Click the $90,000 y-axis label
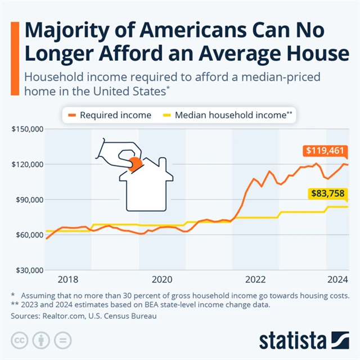(x=28, y=200)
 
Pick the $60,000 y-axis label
(x=28, y=235)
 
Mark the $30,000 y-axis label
(x=28, y=271)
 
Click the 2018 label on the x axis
(x=68, y=280)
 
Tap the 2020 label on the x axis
(x=162, y=280)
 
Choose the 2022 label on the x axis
(x=255, y=280)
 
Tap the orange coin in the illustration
(x=136, y=163)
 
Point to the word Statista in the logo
(x=292, y=340)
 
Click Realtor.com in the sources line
(x=64, y=316)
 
